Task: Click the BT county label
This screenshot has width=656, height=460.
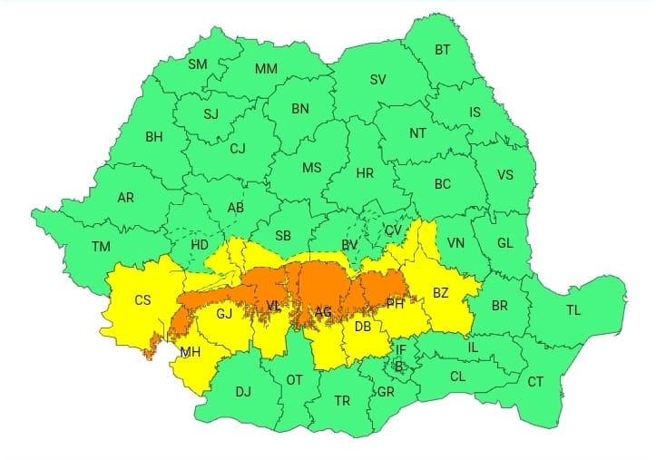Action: [x=442, y=50]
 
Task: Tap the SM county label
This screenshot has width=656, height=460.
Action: [x=197, y=64]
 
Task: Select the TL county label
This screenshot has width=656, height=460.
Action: [x=573, y=310]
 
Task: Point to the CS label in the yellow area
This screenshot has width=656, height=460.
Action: [x=142, y=300]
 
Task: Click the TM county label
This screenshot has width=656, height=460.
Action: [x=101, y=246]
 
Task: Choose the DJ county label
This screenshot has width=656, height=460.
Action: [x=242, y=392]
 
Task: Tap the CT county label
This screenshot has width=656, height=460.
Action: [x=535, y=382]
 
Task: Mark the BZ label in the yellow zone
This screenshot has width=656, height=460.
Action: [x=441, y=293]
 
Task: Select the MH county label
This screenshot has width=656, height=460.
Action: [x=191, y=352]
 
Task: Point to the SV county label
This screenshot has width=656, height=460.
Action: [x=378, y=79]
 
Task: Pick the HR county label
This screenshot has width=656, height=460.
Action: [x=365, y=172]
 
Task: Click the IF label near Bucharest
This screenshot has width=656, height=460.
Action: [x=400, y=349]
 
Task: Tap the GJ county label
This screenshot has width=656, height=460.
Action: [x=224, y=315]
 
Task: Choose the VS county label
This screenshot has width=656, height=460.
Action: [x=505, y=176]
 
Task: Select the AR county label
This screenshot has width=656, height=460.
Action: [x=126, y=197]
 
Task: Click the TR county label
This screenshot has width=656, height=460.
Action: [x=342, y=400]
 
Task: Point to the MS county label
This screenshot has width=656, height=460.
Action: [x=311, y=168]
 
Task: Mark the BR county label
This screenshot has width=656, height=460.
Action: [x=500, y=306]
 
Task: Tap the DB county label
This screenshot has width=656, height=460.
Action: [x=362, y=327]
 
